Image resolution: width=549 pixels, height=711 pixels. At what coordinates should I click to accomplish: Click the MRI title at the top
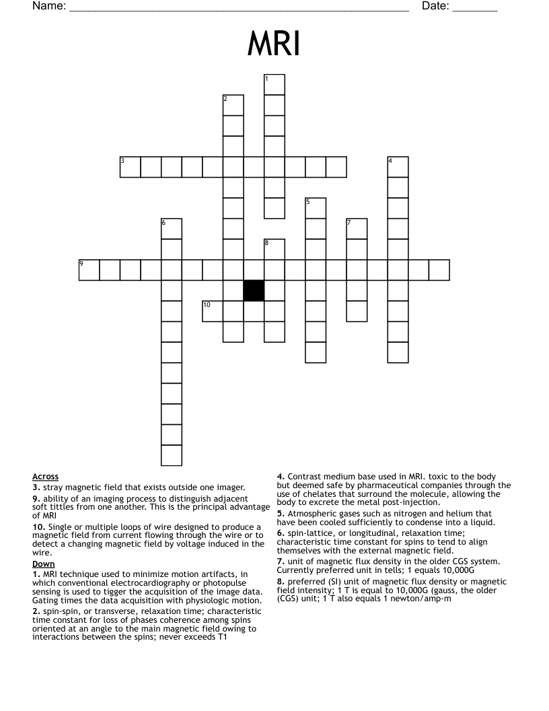pyautogui.click(x=274, y=45)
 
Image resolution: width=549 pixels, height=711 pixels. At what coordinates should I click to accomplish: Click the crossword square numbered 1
pyautogui.click(x=274, y=85)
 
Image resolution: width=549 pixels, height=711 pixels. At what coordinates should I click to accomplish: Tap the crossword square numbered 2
pyautogui.click(x=233, y=105)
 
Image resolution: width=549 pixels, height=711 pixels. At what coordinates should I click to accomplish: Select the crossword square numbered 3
pyautogui.click(x=131, y=167)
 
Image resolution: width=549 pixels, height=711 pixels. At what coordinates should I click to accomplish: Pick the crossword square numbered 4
pyautogui.click(x=398, y=167)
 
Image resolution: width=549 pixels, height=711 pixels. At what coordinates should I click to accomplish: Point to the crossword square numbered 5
pyautogui.click(x=316, y=208)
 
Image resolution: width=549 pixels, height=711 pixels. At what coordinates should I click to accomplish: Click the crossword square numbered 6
pyautogui.click(x=172, y=229)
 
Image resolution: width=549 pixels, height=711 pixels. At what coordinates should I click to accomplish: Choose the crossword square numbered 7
pyautogui.click(x=357, y=229)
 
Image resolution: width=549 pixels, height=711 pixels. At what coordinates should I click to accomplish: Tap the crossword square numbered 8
pyautogui.click(x=274, y=249)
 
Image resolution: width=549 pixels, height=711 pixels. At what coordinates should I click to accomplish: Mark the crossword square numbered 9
pyautogui.click(x=89, y=270)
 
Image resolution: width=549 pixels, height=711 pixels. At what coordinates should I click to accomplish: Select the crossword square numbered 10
pyautogui.click(x=213, y=311)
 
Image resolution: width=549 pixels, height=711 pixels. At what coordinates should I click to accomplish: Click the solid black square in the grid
pyautogui.click(x=254, y=290)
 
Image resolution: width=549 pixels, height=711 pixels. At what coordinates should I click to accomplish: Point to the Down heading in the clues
pyautogui.click(x=44, y=564)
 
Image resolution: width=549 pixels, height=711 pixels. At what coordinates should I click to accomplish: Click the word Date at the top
pyautogui.click(x=435, y=7)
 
